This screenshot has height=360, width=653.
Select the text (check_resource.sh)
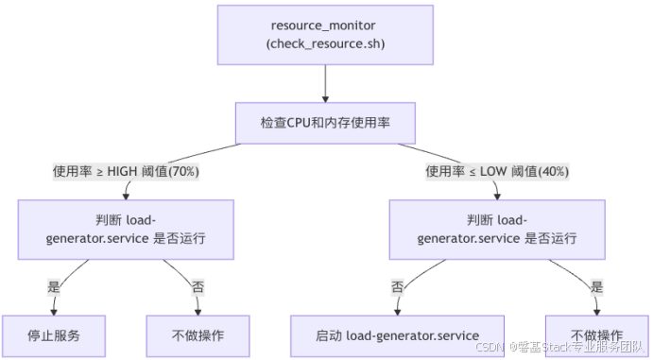(325, 44)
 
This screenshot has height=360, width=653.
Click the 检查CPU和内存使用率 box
(325, 123)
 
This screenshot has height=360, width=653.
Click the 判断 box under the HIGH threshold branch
(126, 229)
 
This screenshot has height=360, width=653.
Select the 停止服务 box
(53, 335)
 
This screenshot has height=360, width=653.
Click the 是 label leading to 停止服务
(53, 285)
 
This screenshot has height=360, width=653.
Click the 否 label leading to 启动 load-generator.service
(398, 285)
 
